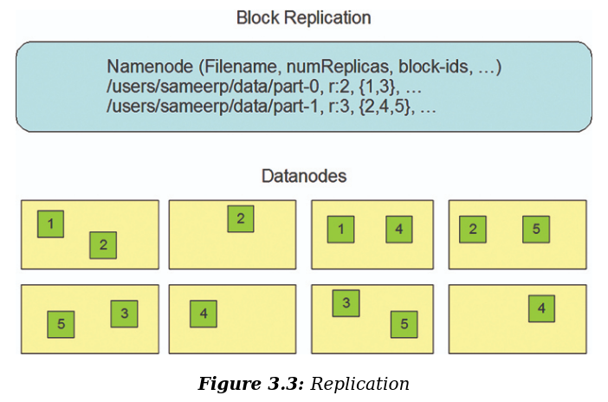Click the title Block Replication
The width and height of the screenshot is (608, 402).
tap(303, 17)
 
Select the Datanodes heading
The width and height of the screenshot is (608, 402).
tap(304, 176)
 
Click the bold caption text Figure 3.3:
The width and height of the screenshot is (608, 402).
tap(250, 384)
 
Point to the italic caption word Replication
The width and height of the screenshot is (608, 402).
tap(359, 384)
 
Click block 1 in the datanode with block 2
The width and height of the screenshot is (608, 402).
tap(50, 224)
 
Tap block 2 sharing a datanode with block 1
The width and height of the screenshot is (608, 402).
tap(103, 245)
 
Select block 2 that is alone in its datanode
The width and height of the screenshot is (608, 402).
tap(241, 219)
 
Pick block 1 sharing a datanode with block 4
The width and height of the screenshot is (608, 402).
tap(340, 230)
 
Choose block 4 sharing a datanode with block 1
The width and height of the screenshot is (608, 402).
tap(399, 230)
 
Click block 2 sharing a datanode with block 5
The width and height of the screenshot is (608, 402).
tap(473, 230)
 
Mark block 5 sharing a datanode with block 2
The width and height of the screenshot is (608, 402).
tap(536, 230)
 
